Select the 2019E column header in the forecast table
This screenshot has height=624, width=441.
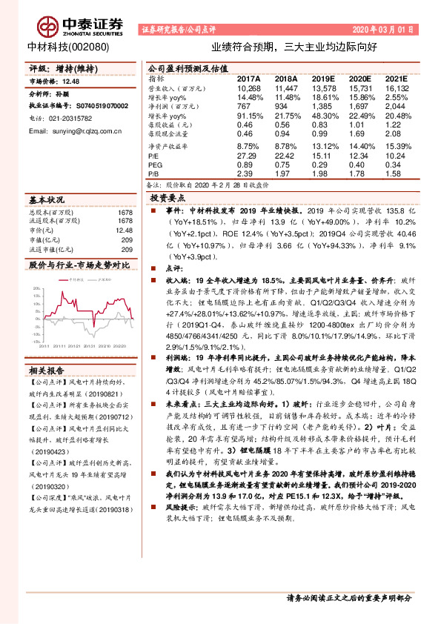click(323, 78)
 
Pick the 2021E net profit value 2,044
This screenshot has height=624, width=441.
click(397, 107)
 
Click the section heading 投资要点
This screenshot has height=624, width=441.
click(168, 199)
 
